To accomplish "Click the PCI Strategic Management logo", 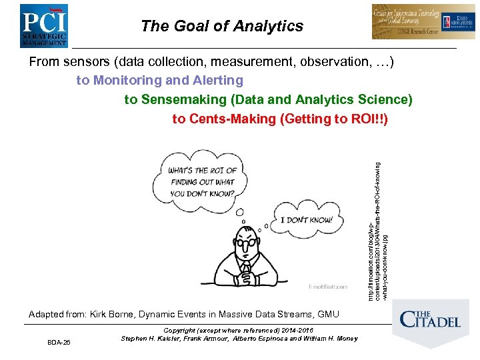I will tap(43, 25).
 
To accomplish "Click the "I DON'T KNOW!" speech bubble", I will tap(307, 219).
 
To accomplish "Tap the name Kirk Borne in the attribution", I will tap(113, 314).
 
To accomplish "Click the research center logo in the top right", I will tap(414, 22).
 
